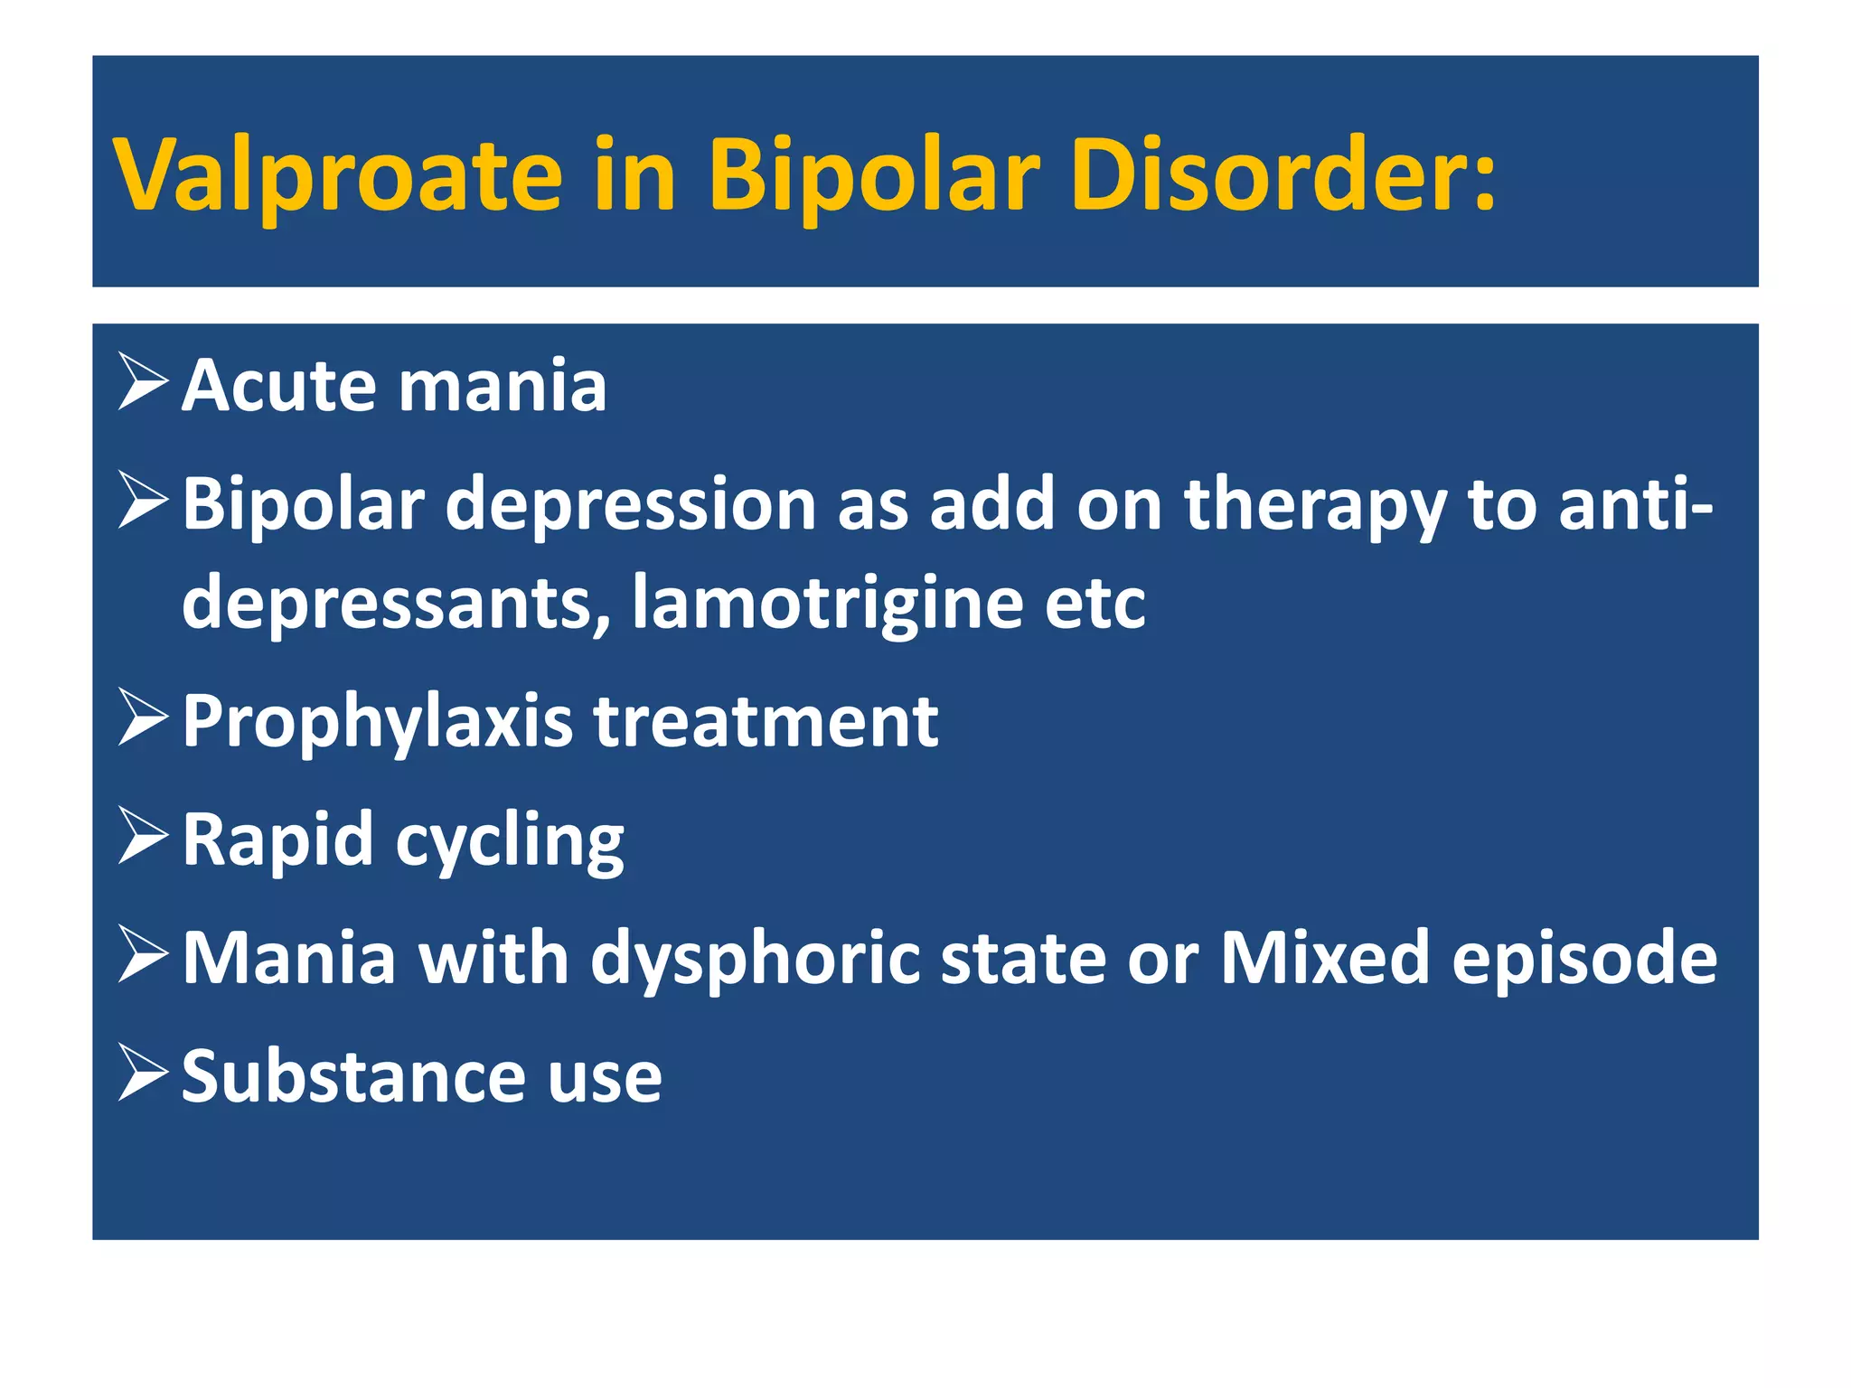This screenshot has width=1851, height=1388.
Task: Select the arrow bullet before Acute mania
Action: coord(143,383)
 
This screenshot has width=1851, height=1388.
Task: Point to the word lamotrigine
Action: coord(827,603)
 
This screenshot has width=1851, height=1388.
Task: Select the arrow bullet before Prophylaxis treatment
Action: coord(143,718)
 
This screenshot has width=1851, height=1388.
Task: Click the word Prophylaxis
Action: coord(378,722)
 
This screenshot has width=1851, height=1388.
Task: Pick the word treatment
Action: coord(766,722)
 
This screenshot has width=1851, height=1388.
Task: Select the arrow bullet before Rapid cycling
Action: coord(143,837)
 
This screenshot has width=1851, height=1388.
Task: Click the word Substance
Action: coord(352,1076)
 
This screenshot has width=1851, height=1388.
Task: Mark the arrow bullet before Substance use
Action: coord(143,1074)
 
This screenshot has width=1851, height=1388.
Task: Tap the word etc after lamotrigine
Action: coord(1095,604)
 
